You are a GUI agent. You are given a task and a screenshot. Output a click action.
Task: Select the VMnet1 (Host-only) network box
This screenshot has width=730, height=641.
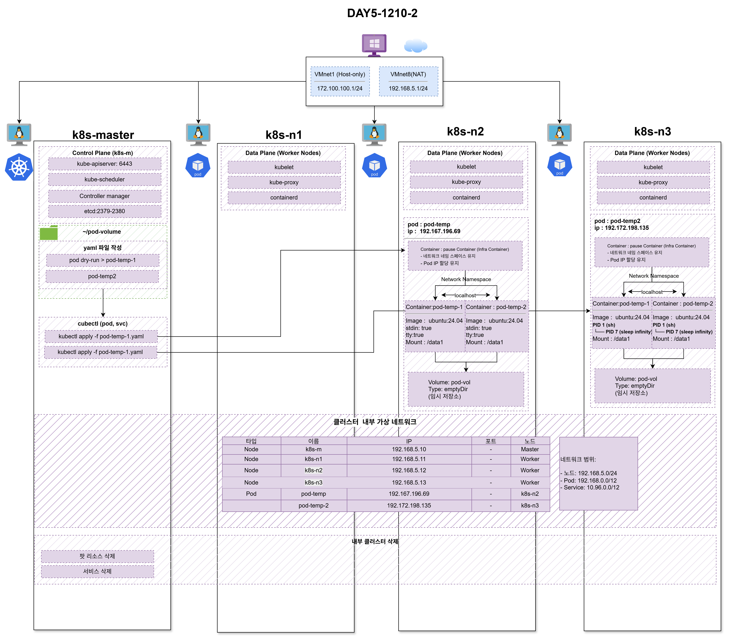340,81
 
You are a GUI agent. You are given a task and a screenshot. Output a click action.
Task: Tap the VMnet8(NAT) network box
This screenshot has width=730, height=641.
408,81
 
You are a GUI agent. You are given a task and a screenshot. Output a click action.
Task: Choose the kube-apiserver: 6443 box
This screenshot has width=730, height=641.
105,164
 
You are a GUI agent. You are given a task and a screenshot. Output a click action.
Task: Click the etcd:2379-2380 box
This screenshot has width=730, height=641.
105,211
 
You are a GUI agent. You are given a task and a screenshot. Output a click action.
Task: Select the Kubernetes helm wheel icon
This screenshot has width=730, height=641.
19,167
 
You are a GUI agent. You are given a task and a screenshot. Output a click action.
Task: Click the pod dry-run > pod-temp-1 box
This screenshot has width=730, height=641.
103,260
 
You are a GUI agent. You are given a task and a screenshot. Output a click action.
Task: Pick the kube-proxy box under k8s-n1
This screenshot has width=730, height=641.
284,182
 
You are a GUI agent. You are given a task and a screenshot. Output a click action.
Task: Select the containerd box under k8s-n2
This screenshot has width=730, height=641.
466,198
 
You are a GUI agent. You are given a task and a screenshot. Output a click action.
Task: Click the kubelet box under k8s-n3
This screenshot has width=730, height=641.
653,167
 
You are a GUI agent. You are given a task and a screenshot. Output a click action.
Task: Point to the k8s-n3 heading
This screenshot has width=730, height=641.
653,131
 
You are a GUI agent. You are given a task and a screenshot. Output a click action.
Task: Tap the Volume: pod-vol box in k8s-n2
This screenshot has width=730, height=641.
466,389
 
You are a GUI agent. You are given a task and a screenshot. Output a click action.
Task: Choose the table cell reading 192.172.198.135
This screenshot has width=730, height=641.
409,506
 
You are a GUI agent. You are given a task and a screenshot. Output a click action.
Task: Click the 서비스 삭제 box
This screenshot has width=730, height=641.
98,571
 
